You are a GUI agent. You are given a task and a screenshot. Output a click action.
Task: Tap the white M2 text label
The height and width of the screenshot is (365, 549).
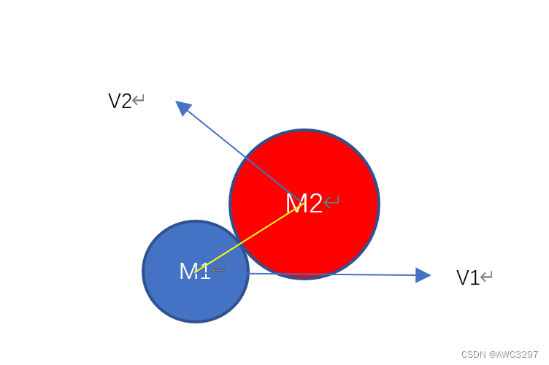pyautogui.click(x=304, y=204)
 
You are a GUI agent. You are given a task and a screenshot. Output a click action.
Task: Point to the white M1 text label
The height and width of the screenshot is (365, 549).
pyautogui.click(x=194, y=271)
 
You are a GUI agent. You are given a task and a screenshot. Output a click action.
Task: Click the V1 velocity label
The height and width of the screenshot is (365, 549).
pyautogui.click(x=468, y=277)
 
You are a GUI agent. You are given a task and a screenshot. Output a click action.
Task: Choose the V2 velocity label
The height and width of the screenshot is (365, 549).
pyautogui.click(x=120, y=101)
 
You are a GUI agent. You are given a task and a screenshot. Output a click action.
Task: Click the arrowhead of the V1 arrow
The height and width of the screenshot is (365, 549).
pyautogui.click(x=423, y=275)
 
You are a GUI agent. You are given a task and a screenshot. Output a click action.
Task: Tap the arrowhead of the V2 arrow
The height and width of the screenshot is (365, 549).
pyautogui.click(x=183, y=107)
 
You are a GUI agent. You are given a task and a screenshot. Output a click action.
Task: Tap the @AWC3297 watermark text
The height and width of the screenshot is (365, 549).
pyautogui.click(x=515, y=354)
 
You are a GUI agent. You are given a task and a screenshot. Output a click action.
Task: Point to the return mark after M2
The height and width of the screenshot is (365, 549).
pyautogui.click(x=331, y=201)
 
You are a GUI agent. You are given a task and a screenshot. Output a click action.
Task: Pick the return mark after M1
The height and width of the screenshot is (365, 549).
pyautogui.click(x=218, y=270)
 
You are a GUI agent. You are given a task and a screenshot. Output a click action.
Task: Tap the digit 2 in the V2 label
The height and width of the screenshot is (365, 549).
pyautogui.click(x=126, y=101)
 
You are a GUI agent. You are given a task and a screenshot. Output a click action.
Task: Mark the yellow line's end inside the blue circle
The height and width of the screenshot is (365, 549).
pyautogui.click(x=196, y=272)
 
